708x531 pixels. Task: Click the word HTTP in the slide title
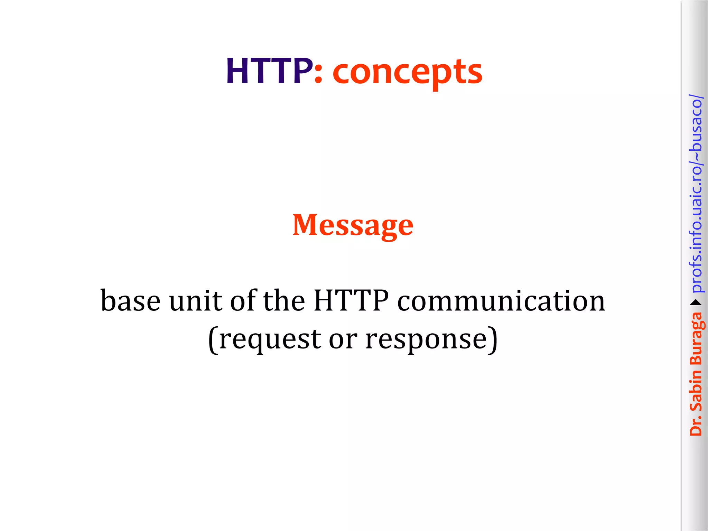[x=269, y=71]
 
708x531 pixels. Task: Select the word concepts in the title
[x=407, y=73]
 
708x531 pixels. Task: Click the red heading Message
[x=353, y=225]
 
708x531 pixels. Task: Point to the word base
[x=130, y=301]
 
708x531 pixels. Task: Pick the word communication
[x=501, y=301]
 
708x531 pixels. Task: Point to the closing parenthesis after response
[x=493, y=339]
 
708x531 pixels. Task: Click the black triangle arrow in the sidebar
[x=696, y=303]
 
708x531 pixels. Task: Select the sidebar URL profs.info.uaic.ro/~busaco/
[x=696, y=194]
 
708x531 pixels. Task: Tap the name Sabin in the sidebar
[x=696, y=390]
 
